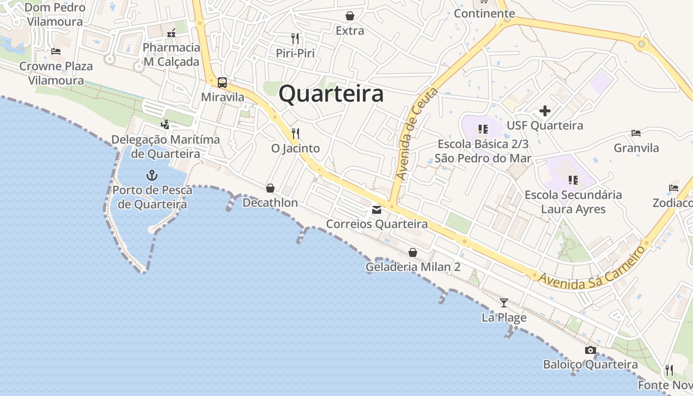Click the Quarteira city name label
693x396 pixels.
pos(331,94)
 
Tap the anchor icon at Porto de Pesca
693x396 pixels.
pos(152,175)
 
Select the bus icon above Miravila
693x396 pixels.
pos(222,83)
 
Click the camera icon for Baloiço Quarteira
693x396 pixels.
pos(590,350)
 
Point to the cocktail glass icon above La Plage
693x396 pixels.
pos(504,302)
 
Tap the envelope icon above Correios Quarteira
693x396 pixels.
pos(377,210)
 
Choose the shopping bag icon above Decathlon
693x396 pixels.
pos(270,188)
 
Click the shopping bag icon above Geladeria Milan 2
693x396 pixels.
pos(413,252)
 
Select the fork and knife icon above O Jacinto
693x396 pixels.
pos(296,134)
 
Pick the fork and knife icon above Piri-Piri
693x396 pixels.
pos(295,38)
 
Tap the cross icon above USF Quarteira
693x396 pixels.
pos(544,111)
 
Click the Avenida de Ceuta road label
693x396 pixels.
pos(417,134)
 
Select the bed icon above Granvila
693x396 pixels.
pos(636,133)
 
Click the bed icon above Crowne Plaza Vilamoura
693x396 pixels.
pos(56,51)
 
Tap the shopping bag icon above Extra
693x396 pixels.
pos(350,16)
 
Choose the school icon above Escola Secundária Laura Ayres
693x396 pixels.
pos(573,180)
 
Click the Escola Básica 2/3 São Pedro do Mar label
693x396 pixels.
pos(483,151)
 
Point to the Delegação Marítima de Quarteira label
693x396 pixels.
pos(165,147)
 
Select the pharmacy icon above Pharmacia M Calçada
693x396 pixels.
pos(171,33)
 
